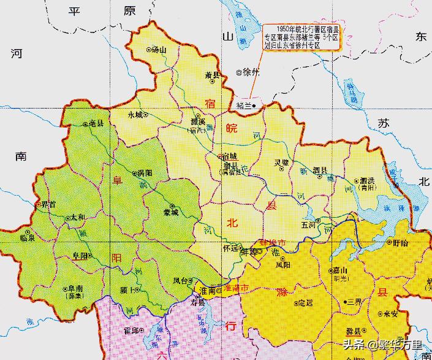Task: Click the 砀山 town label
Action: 159,50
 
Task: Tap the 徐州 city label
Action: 251,72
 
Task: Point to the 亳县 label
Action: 96,124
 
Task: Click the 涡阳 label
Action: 145,174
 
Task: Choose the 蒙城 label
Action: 171,212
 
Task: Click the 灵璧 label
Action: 281,163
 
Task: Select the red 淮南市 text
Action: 235,288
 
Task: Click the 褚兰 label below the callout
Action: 244,106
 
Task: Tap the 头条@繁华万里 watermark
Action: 382,345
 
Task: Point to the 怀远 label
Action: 230,249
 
